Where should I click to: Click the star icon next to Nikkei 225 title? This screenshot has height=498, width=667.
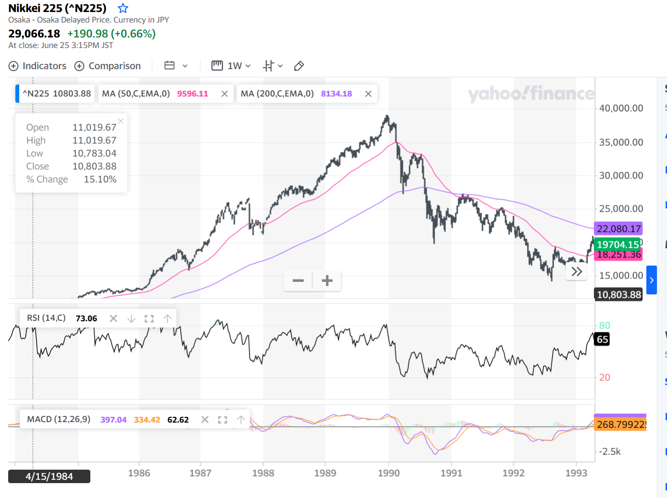[x=123, y=8]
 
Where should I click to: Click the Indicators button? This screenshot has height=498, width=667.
[x=37, y=66]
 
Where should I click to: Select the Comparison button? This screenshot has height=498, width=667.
[x=108, y=66]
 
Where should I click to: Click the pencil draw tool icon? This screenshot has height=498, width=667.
[x=299, y=66]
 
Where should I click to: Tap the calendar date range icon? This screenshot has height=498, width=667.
[x=170, y=66]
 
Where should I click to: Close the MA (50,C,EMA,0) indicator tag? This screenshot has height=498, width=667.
[x=224, y=94]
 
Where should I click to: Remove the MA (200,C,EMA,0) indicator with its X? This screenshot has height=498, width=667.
[x=368, y=94]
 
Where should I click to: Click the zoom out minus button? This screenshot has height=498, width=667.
[x=298, y=280]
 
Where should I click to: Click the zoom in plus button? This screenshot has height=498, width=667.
[x=327, y=280]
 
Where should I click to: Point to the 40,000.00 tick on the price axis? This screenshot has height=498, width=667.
[x=621, y=109]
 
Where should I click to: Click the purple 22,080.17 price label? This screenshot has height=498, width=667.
[x=618, y=229]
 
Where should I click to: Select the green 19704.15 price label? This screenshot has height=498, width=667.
[x=618, y=244]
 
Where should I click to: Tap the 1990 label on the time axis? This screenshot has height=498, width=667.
[x=388, y=473]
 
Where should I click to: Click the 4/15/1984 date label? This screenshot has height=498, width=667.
[x=49, y=476]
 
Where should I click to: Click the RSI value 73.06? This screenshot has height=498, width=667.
[x=86, y=318]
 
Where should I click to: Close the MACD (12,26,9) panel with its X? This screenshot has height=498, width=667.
[x=205, y=420]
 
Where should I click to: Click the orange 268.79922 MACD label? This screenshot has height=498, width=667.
[x=620, y=425]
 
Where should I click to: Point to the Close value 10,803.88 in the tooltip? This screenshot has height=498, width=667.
[x=94, y=166]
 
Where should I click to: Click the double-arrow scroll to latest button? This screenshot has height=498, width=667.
[x=577, y=272]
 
